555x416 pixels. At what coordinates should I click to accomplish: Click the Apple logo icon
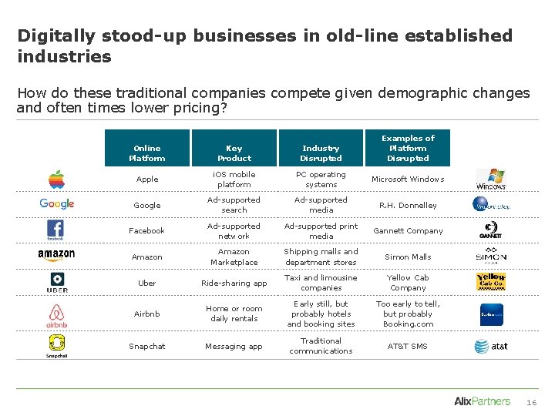click(56, 179)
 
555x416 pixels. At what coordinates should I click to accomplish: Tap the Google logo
click(57, 203)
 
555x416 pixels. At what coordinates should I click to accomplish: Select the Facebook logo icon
click(56, 230)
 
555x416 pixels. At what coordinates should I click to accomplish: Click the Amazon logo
click(56, 255)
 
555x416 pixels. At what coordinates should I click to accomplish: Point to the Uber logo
click(57, 282)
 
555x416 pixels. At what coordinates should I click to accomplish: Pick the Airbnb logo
click(56, 315)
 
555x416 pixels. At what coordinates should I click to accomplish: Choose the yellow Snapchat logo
click(56, 346)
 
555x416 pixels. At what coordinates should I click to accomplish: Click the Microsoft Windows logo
click(491, 179)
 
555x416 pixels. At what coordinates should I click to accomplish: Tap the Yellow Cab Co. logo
click(491, 281)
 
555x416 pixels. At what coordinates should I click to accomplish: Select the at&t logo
click(491, 347)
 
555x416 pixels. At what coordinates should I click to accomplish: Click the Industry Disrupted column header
click(321, 153)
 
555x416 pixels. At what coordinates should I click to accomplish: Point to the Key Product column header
click(234, 153)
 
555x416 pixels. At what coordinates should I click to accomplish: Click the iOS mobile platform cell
click(234, 179)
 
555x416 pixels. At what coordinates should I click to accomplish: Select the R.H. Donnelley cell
click(408, 206)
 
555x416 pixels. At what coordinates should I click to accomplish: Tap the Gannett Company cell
click(408, 230)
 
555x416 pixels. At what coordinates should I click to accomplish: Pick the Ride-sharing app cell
click(234, 283)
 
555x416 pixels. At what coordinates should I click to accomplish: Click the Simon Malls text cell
click(408, 257)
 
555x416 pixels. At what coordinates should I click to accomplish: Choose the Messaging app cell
click(234, 347)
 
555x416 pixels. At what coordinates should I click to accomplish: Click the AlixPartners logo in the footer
click(483, 401)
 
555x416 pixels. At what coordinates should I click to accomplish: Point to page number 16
click(531, 402)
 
